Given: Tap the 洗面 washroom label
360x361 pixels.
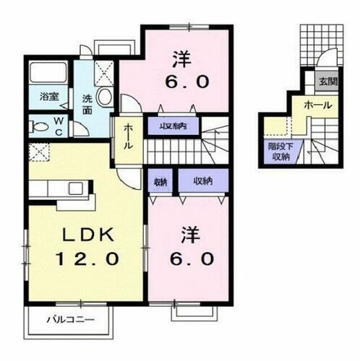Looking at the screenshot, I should [x=86, y=105].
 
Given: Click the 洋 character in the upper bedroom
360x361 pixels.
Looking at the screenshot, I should [x=183, y=56].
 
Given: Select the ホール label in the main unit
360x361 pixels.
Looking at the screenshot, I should [x=127, y=136].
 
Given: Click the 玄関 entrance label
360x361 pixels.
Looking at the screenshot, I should [x=327, y=81].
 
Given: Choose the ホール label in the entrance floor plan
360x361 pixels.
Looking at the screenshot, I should [x=318, y=105].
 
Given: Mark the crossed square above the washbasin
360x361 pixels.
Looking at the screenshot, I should [x=103, y=72].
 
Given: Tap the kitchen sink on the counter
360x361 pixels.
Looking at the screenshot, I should [x=74, y=189].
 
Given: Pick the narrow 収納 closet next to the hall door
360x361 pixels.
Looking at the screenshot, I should [x=158, y=180].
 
